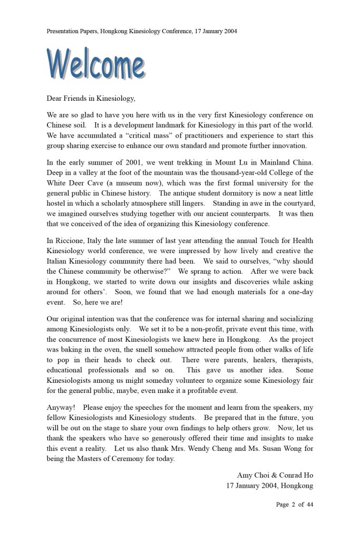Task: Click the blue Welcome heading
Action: click(x=95, y=64)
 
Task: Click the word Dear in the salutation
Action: click(x=56, y=98)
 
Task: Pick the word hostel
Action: click(x=57, y=204)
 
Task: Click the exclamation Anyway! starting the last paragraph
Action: click(x=61, y=407)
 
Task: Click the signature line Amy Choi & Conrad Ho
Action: click(x=275, y=475)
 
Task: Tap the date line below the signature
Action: click(x=269, y=486)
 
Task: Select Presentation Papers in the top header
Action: click(x=70, y=31)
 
